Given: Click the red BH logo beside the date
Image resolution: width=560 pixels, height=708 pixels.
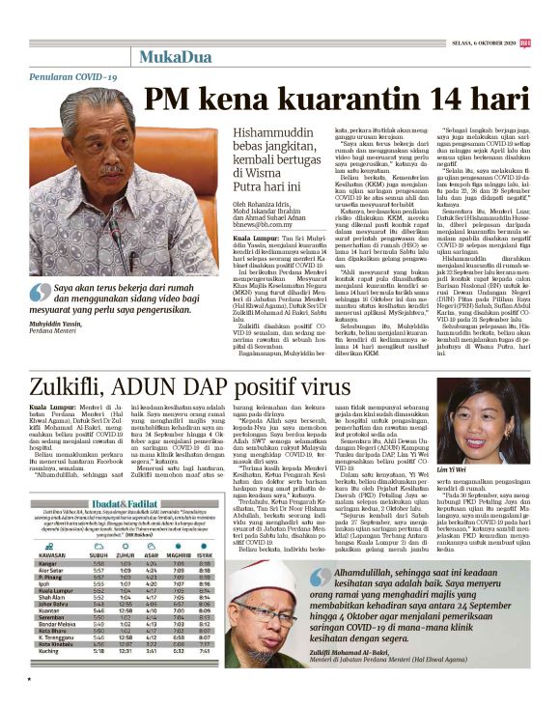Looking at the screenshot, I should coord(549,14).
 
